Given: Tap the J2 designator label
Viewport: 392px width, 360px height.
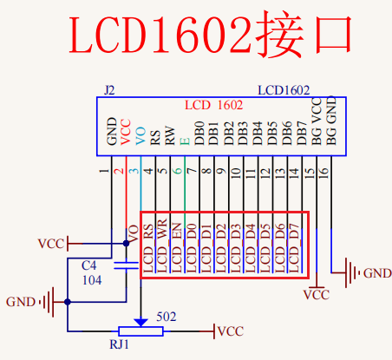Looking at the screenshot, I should [108, 90].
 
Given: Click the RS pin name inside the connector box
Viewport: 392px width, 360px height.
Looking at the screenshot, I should [155, 136].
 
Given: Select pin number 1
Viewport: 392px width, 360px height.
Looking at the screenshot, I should [105, 172].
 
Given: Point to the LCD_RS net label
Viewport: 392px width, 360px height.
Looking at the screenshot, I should [148, 246].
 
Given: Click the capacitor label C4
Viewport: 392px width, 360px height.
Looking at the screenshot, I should [88, 265].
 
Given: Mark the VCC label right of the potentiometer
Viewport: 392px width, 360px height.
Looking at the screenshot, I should [229, 331].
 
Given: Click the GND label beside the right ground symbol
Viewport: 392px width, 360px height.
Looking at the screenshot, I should [376, 273].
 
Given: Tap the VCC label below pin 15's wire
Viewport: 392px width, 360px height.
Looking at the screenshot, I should [317, 295].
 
